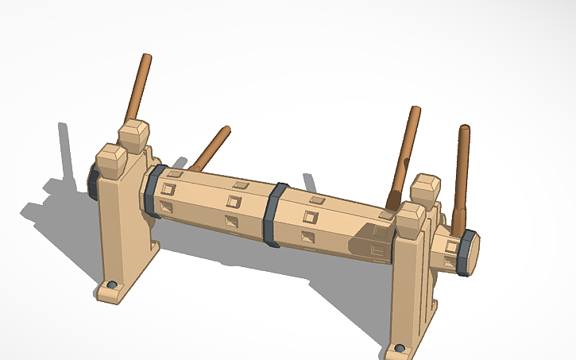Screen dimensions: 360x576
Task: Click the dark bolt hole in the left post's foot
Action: coord(112,285)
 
